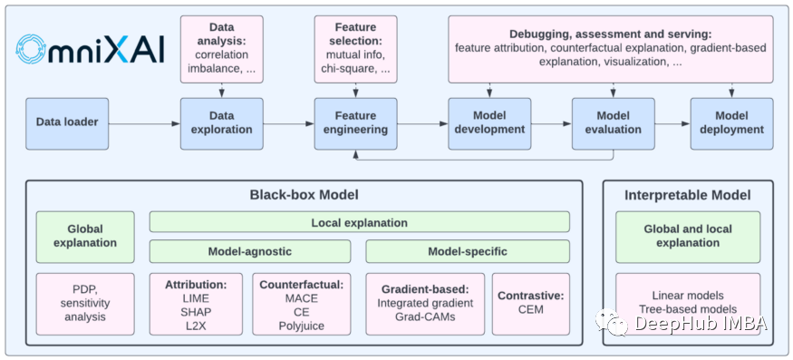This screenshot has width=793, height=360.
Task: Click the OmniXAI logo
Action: point(90,49)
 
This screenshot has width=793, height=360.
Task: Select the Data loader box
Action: point(67,123)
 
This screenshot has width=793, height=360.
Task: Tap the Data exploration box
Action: point(221,123)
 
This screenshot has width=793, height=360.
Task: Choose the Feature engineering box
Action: point(355,123)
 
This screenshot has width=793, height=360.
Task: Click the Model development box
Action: point(489,123)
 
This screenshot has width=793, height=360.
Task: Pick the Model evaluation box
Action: point(614,123)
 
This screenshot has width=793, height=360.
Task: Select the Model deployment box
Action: point(731,123)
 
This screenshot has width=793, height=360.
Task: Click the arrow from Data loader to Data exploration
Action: point(145,123)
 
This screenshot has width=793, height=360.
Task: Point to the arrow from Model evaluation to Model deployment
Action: point(672,123)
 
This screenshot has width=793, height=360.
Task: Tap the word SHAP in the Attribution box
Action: point(196,311)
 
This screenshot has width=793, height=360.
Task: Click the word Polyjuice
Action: point(302,325)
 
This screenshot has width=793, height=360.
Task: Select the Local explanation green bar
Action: point(360,222)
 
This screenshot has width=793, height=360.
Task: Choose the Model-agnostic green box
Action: point(250,251)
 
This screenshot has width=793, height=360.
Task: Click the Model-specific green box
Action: point(468,251)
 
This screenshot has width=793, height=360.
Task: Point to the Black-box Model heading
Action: point(304,195)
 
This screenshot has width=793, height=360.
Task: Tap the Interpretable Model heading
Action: point(688,195)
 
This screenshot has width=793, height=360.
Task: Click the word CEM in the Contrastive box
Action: point(531,309)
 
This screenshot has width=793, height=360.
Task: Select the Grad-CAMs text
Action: point(425,317)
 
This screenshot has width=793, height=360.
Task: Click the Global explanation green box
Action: point(85,237)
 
